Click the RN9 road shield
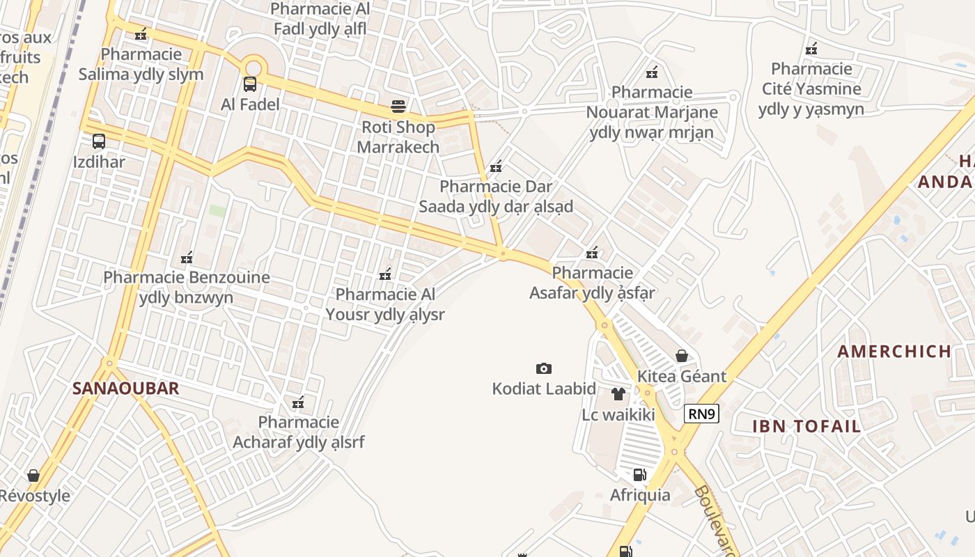[x=701, y=414]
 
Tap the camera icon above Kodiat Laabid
[x=544, y=368]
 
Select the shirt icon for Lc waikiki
[x=618, y=394]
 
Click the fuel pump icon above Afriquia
[x=639, y=475]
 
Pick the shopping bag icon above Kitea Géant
[x=682, y=356]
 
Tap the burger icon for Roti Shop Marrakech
[x=398, y=107]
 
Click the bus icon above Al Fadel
[x=249, y=84]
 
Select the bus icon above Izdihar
[x=99, y=141]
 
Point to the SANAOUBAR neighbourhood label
[x=126, y=389]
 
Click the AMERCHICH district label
[x=894, y=351]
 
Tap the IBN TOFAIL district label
[x=806, y=426]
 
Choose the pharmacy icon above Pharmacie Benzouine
[x=187, y=258]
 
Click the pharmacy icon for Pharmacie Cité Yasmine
[x=811, y=49]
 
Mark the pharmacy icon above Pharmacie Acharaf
[x=298, y=402]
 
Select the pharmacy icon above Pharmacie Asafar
[x=592, y=253]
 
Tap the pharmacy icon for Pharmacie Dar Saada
[x=496, y=166]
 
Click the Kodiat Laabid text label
[x=544, y=389]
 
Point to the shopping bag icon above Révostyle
[x=33, y=476]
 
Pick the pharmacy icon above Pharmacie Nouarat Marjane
[x=652, y=72]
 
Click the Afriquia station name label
[x=640, y=495]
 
